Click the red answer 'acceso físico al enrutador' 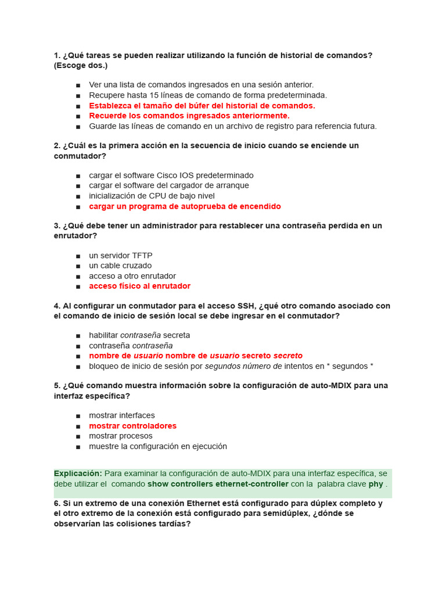pyautogui.click(x=139, y=286)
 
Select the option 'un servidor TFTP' pyautogui.click(x=120, y=255)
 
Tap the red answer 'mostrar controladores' pyautogui.click(x=132, y=426)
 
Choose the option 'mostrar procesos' pyautogui.click(x=120, y=436)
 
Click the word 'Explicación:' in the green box pyautogui.click(x=78, y=474)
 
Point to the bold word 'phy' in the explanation pyautogui.click(x=376, y=484)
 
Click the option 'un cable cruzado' pyautogui.click(x=120, y=266)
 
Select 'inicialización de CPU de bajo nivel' pyautogui.click(x=152, y=196)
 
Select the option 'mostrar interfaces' pyautogui.click(x=122, y=415)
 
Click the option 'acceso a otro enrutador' pyautogui.click(x=132, y=276)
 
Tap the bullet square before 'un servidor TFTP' pyautogui.click(x=78, y=256)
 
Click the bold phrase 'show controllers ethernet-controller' pyautogui.click(x=218, y=484)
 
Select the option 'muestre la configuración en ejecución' pyautogui.click(x=158, y=446)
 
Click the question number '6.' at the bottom pyautogui.click(x=57, y=503)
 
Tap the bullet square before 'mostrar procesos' pyautogui.click(x=78, y=436)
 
